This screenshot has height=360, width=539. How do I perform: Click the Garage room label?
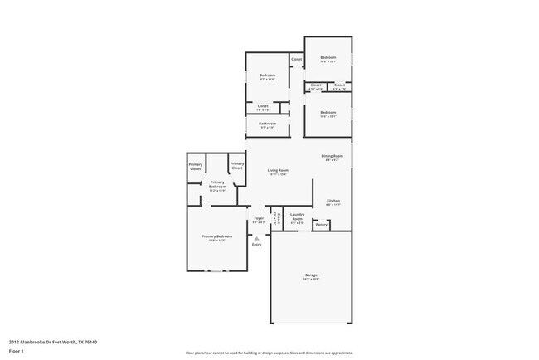click(311, 275)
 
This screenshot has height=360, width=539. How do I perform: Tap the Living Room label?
click(278, 169)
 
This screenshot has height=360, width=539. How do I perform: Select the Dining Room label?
click(333, 155)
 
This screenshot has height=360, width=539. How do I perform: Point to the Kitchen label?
click(333, 200)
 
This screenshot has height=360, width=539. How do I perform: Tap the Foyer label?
click(260, 218)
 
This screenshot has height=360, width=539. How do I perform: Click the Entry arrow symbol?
click(256, 238)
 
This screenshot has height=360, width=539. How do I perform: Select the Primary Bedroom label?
click(217, 236)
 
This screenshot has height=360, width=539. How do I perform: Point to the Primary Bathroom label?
click(218, 185)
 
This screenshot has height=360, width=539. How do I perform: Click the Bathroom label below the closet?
click(267, 124)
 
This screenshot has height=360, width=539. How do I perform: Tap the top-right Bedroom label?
click(328, 57)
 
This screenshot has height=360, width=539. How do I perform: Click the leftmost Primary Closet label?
click(196, 167)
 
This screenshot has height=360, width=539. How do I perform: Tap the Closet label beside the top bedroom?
click(296, 60)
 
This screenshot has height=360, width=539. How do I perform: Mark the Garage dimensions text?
click(311, 280)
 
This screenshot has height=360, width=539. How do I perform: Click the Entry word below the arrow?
click(256, 245)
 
